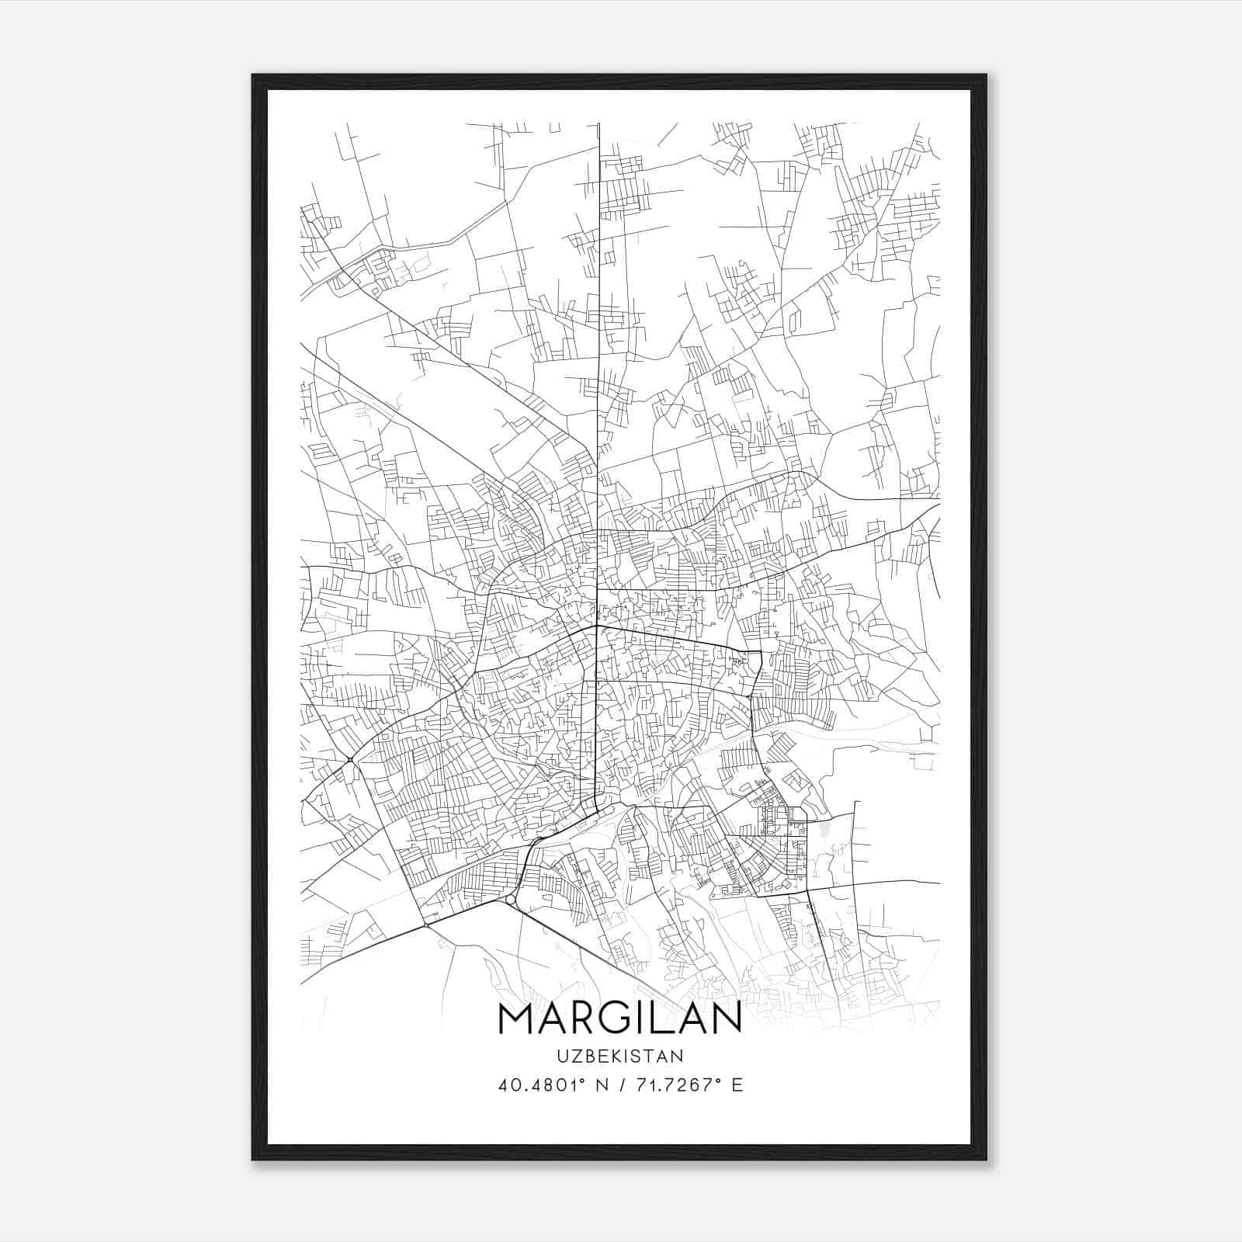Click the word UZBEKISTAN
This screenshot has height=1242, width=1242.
(619, 1056)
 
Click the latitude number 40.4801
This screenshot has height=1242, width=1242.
(538, 1084)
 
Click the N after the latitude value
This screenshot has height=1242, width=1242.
(601, 1084)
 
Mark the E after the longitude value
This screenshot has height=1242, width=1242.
(737, 1084)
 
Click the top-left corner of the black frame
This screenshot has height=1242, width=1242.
(253, 75)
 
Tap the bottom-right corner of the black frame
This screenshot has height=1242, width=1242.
(986, 1159)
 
